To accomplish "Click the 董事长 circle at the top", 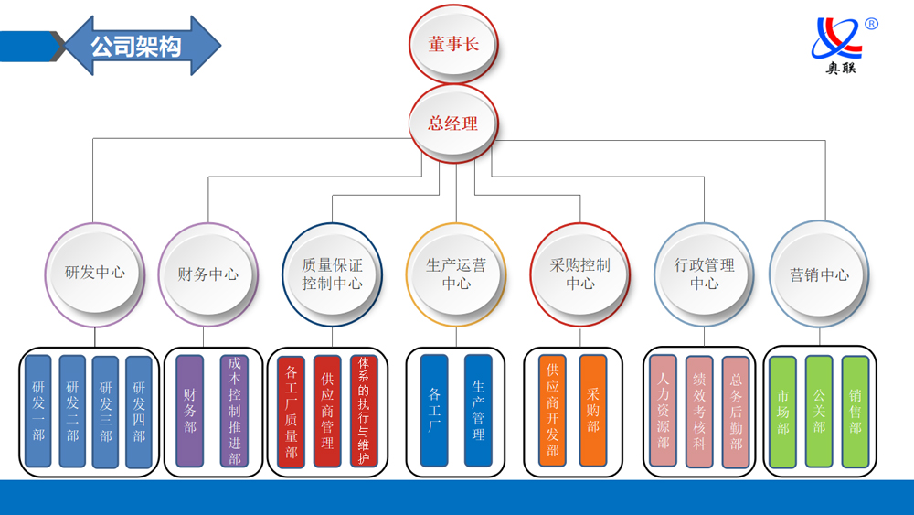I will (452, 44).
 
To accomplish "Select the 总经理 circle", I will (453, 123).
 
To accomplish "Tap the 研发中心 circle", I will (95, 273).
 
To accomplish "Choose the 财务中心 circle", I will (208, 274).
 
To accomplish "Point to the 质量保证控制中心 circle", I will (332, 274).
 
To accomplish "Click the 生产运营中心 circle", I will (456, 274).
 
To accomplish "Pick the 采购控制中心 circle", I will (579, 274).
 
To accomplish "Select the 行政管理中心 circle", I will (704, 274).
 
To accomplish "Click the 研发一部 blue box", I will (38, 412).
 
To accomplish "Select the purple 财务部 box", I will (190, 412).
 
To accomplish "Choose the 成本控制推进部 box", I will (234, 412).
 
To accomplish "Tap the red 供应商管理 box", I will (327, 412).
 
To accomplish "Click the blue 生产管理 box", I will (478, 412).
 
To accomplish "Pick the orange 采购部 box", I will (593, 412).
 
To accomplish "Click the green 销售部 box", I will (856, 412).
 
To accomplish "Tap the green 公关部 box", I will (819, 412).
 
